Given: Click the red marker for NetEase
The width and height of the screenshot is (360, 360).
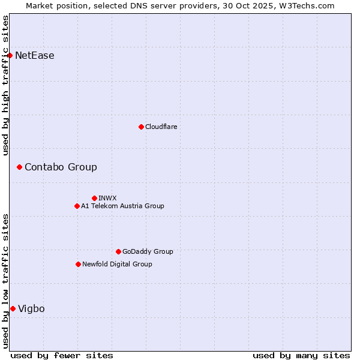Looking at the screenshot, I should [10, 56].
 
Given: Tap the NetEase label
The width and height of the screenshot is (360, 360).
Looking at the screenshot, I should [35, 56].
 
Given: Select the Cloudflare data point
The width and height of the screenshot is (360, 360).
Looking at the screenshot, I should [141, 127].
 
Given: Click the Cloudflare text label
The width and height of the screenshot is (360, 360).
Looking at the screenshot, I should [161, 127].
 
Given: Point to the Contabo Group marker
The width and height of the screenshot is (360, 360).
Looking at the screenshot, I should [19, 167].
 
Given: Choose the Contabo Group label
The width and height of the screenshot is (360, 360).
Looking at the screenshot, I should [61, 167].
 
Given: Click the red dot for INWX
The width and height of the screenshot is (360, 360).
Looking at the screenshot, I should [94, 198].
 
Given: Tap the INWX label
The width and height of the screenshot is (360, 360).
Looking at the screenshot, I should [107, 198].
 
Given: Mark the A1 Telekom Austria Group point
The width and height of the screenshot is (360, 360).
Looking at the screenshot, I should [77, 206].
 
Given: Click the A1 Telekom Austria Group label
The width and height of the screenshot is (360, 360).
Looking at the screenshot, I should [122, 206].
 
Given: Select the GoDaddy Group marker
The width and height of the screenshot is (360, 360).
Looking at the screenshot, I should [118, 251].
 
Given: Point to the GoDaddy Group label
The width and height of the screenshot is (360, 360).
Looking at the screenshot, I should [148, 251].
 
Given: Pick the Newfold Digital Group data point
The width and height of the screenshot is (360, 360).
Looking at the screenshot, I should [78, 264].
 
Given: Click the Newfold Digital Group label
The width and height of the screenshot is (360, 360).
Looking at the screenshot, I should [117, 264].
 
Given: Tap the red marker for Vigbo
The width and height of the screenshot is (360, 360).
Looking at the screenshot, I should [13, 308].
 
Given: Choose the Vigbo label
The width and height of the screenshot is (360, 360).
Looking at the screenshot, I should [31, 308].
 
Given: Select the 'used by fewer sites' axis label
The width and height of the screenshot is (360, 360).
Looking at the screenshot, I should [62, 355].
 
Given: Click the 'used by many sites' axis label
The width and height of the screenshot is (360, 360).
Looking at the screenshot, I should [301, 355].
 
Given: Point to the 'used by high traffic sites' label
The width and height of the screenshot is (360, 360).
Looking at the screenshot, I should [5, 85].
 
